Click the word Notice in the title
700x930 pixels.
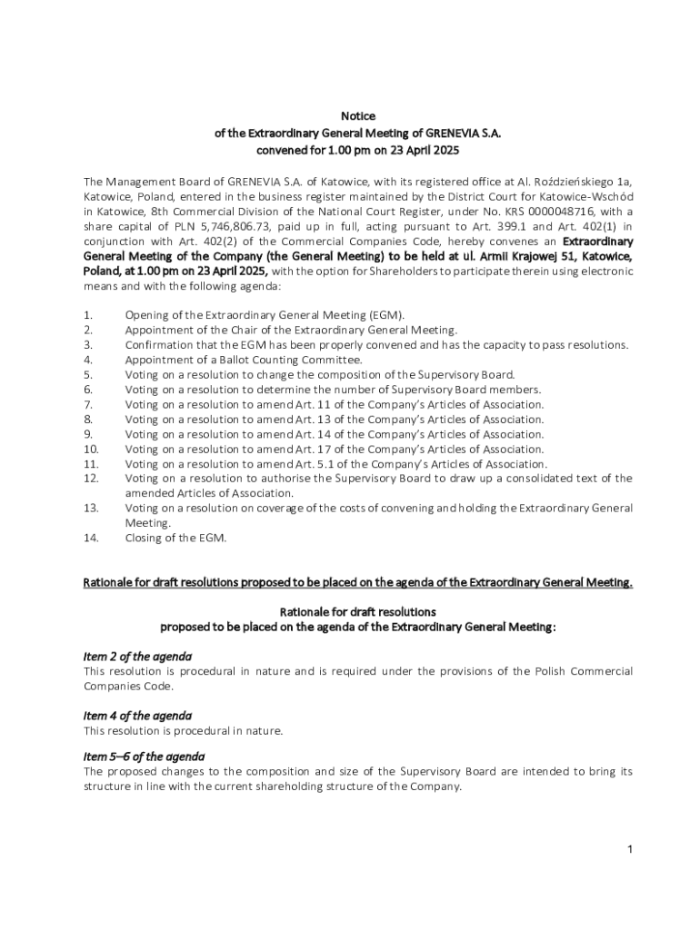358,116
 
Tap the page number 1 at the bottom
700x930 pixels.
629,849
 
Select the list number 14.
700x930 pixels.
90,538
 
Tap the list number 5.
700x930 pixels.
87,374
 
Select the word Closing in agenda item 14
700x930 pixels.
144,538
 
